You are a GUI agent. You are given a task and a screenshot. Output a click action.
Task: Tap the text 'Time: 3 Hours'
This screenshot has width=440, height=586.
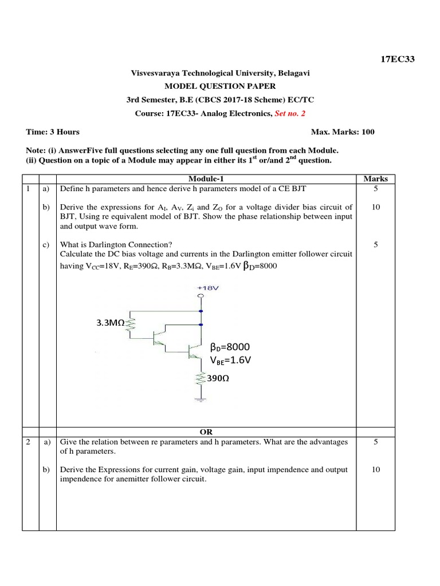pyautogui.click(x=53, y=132)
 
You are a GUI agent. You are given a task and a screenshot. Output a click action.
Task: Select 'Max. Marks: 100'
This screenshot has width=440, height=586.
pyautogui.click(x=343, y=132)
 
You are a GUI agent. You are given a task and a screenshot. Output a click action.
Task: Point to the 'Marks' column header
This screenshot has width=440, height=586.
pyautogui.click(x=376, y=179)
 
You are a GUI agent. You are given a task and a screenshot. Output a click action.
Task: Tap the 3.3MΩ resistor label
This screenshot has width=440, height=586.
pyautogui.click(x=107, y=323)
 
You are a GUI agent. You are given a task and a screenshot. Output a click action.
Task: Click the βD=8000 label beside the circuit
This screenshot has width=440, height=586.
pyautogui.click(x=230, y=347)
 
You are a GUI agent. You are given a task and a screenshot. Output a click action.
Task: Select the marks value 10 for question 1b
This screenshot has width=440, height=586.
pyautogui.click(x=376, y=207)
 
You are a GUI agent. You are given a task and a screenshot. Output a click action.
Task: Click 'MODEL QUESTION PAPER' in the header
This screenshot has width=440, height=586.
pyautogui.click(x=220, y=86)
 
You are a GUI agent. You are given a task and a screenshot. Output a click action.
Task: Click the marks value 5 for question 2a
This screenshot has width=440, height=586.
pyautogui.click(x=376, y=442)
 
